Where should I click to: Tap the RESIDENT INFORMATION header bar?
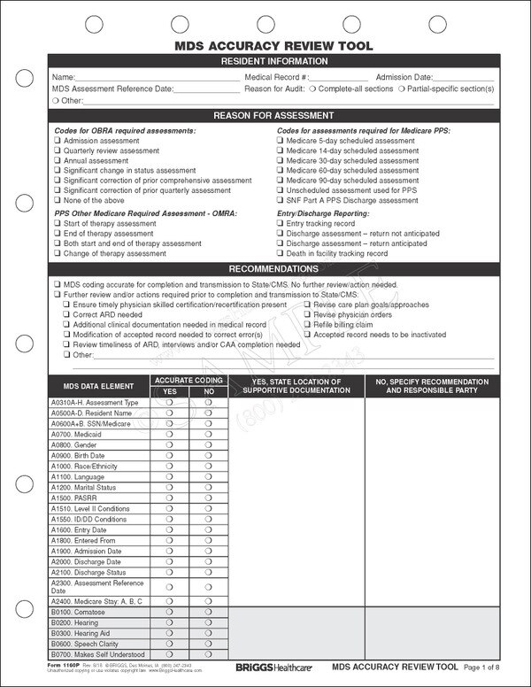click(x=273, y=61)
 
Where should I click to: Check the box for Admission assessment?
click(x=57, y=142)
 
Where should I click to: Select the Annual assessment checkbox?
click(x=57, y=161)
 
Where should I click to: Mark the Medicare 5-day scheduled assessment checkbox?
click(x=280, y=142)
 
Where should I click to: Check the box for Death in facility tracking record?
click(x=280, y=254)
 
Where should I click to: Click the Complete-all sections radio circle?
click(x=314, y=89)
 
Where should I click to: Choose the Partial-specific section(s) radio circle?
click(x=402, y=89)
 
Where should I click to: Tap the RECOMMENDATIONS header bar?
click(x=273, y=269)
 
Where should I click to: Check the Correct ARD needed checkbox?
click(x=67, y=315)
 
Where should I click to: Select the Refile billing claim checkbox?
click(x=307, y=325)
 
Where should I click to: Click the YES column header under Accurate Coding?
click(x=170, y=391)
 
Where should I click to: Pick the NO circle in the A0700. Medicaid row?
click(x=209, y=435)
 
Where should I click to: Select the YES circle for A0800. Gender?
click(x=170, y=445)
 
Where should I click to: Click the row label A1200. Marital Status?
click(x=84, y=488)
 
